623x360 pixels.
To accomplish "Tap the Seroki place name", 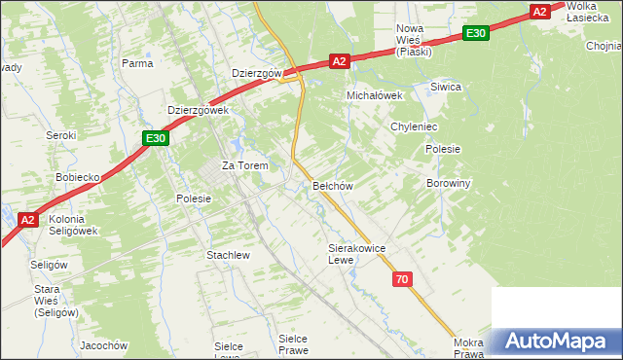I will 61,135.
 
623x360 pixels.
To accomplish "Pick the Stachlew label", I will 228,255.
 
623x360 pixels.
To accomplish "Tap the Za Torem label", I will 244,165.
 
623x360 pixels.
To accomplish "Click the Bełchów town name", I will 332,185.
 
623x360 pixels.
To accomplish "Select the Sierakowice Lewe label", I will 356,254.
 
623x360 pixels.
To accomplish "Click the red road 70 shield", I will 402,280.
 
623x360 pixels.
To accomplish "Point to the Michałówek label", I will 375,95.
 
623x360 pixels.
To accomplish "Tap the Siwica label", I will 445,87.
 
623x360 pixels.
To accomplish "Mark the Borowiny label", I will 449,183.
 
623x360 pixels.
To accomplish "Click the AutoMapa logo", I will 556,341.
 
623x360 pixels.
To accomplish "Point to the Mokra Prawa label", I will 468,348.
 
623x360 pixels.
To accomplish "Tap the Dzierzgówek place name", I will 198,111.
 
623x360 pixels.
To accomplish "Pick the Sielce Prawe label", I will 293,343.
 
